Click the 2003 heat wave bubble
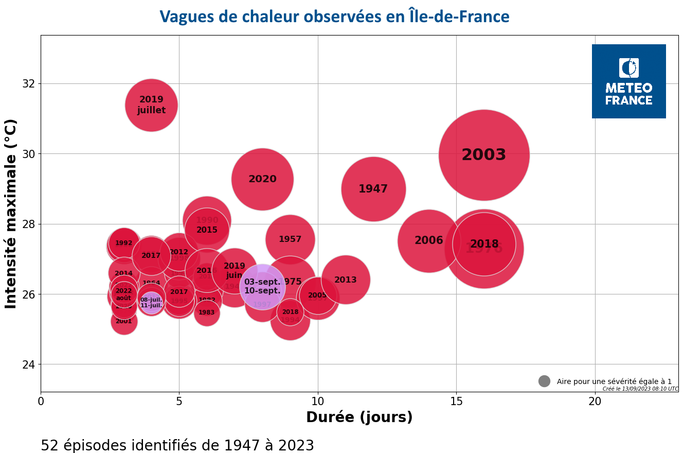coord(483,155)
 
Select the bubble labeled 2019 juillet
coord(151,105)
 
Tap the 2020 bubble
coord(262,179)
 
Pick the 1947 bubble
coord(373,189)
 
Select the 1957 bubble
coord(290,239)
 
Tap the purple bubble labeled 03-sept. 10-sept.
coord(262,286)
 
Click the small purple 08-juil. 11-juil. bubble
coord(151,303)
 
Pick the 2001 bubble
coord(123,322)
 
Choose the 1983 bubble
coord(207,313)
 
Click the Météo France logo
coord(628,81)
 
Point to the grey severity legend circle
coord(544,381)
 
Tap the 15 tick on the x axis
coord(456,400)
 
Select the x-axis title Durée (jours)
coord(359,417)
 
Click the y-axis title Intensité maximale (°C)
coord(11,214)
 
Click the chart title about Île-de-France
coord(334,17)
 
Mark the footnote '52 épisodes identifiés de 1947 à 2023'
coord(177,445)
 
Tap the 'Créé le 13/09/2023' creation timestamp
coord(640,389)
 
